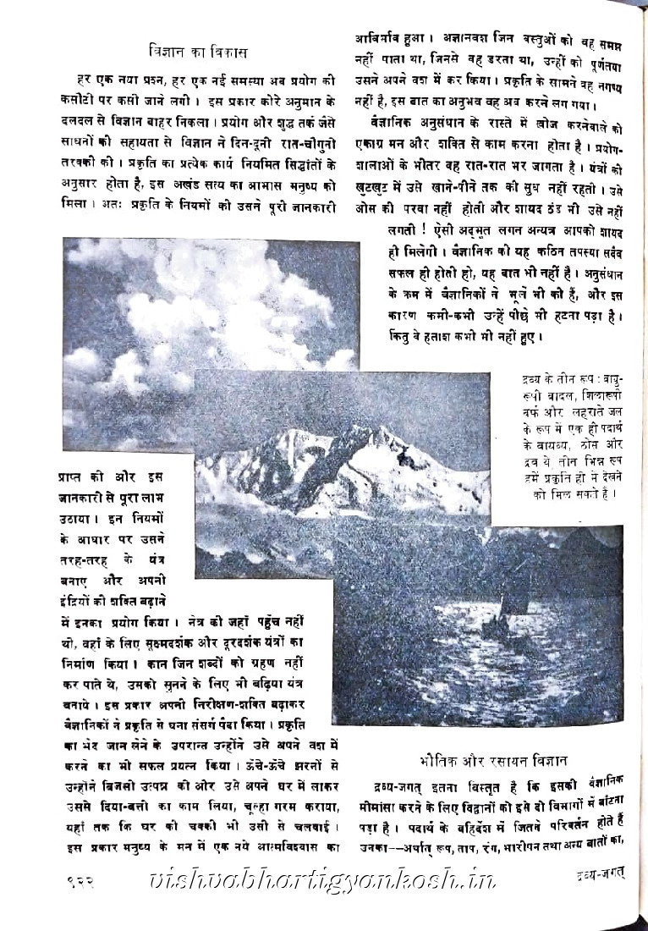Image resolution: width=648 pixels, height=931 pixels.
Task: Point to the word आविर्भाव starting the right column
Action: tap(382, 38)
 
